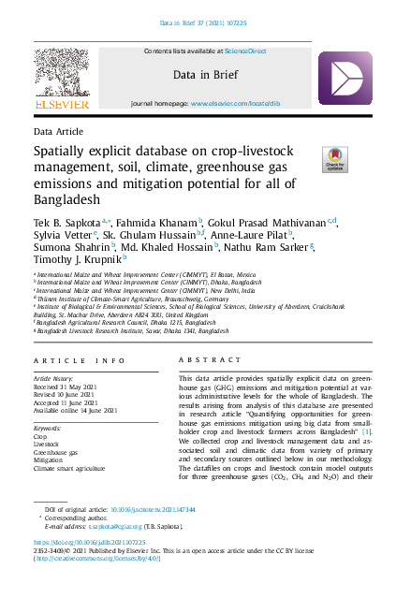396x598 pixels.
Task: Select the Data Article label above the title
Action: [57, 134]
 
